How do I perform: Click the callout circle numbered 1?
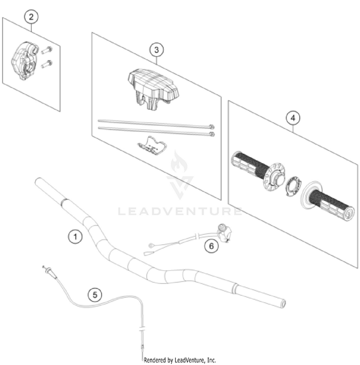pos(74,236)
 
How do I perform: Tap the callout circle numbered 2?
pos(31,17)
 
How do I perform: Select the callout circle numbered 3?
pos(156,49)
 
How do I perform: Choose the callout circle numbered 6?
pos(210,246)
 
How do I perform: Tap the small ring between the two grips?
pos(292,185)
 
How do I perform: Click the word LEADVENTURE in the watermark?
pos(180,211)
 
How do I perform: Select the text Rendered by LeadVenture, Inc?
pos(180,360)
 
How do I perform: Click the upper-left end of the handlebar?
pos(39,181)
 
